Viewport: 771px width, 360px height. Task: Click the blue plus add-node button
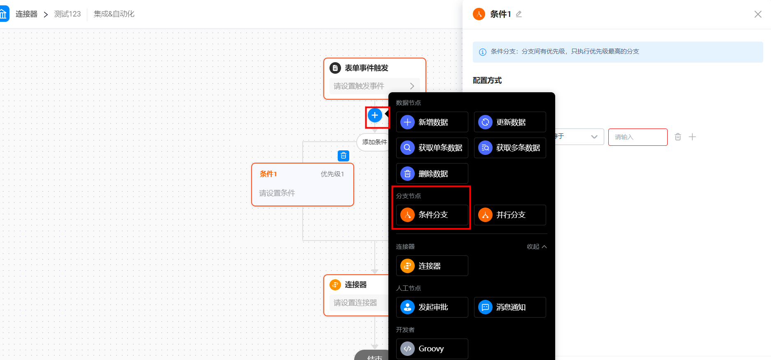(x=375, y=115)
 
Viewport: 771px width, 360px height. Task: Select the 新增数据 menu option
(x=432, y=122)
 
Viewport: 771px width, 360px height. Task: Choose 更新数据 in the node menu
(x=510, y=122)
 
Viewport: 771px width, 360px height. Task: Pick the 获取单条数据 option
(x=432, y=148)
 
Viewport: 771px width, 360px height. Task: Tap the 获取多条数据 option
(x=510, y=148)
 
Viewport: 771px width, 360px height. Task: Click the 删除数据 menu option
(x=432, y=173)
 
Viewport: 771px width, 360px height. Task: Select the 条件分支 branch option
(x=432, y=215)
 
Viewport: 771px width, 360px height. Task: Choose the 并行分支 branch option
(x=510, y=215)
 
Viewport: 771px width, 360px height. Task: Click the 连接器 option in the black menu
(x=432, y=266)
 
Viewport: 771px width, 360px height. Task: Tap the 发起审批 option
(x=432, y=307)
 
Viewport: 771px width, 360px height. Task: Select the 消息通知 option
(x=510, y=307)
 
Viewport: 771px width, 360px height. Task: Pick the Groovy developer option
(x=432, y=349)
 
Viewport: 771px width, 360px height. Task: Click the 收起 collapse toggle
(x=537, y=247)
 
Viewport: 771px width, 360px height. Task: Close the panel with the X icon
(x=758, y=14)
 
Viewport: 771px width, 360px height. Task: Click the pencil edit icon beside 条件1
(x=519, y=14)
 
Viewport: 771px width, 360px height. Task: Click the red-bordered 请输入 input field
(x=638, y=137)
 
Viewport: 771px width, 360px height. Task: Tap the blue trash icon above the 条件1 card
(x=343, y=156)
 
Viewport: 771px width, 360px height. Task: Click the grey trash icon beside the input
(x=678, y=137)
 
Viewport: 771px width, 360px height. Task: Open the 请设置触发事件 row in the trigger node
(x=374, y=86)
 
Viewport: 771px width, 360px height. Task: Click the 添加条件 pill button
(x=374, y=142)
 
